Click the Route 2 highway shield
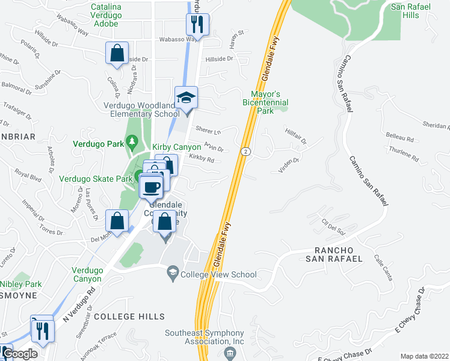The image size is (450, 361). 245,150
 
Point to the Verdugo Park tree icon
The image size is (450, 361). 131,143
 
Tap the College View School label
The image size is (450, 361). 219,275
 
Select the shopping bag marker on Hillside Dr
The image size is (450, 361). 117,53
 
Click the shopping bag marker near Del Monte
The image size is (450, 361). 117,221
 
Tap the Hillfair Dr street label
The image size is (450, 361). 296,137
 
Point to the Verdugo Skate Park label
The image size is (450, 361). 95,179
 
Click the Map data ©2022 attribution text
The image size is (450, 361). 425,356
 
